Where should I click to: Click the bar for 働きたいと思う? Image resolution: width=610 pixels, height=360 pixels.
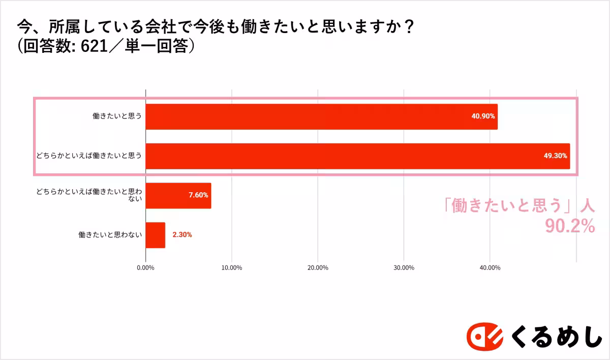[x=321, y=116]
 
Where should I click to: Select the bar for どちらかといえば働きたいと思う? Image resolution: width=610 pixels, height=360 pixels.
[x=357, y=156]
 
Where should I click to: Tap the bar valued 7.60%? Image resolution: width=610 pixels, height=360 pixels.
[x=178, y=195]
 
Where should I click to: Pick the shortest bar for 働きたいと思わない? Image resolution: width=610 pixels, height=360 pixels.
[x=156, y=235]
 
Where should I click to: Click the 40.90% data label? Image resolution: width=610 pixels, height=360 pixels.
[x=483, y=116]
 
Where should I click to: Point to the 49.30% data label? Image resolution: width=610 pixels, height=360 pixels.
[x=555, y=156]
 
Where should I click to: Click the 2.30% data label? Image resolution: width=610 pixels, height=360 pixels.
[x=182, y=235]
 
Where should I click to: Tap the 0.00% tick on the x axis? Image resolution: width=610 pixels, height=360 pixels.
[x=146, y=267]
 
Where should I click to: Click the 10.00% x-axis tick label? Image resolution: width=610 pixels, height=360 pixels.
[x=232, y=267]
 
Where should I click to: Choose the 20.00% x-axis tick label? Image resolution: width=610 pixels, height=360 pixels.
[x=318, y=267]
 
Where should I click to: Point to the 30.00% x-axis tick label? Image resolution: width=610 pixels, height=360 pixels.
[x=404, y=267]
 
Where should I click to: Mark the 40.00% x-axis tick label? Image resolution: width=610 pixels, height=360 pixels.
[x=490, y=267]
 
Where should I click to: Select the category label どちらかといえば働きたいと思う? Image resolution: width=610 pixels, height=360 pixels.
[x=88, y=156]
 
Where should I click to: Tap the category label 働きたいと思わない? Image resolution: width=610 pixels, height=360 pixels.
[x=110, y=235]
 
